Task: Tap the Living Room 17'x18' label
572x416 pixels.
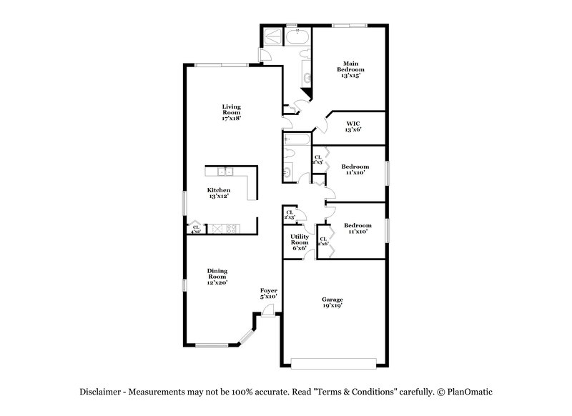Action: point(230,112)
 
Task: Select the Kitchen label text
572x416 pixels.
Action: point(218,193)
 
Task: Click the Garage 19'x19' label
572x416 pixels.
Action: point(332,302)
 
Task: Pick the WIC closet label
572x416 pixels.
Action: point(353,126)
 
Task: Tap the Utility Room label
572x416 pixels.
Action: point(299,242)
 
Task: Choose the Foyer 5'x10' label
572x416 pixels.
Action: point(268,293)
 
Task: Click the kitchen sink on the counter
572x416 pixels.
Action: point(225,172)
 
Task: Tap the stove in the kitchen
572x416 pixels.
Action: point(230,229)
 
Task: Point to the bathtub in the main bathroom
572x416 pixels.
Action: point(295,36)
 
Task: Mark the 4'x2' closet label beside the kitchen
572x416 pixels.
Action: point(195,229)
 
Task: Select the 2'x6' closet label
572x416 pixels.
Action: point(322,242)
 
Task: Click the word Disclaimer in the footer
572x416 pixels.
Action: point(102,392)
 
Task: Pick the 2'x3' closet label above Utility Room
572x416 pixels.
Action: point(290,214)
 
